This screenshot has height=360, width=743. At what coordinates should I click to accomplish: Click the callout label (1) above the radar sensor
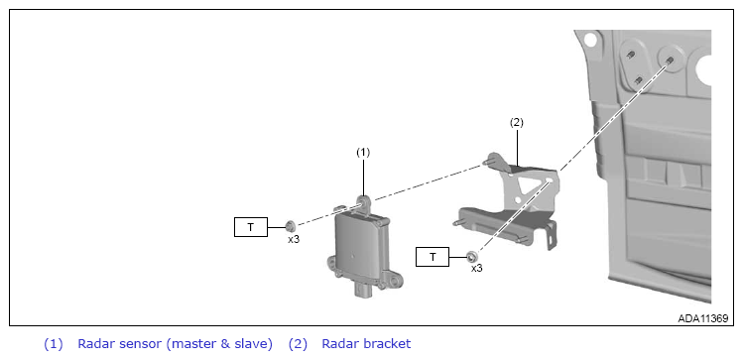coord(362,152)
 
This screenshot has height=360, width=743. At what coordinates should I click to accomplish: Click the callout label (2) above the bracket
coord(517,122)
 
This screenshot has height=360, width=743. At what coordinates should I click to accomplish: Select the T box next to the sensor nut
coord(251,227)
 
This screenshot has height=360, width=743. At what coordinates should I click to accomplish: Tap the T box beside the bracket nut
coord(433,257)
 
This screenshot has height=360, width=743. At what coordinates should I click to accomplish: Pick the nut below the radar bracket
coord(471,257)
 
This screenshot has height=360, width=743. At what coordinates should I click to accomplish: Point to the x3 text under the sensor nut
coord(294,239)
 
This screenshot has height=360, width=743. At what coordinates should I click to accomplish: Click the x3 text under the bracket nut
coord(477,268)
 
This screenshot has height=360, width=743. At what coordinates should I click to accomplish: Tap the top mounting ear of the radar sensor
coord(363,202)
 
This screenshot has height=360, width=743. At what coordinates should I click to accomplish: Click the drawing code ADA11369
coord(702,318)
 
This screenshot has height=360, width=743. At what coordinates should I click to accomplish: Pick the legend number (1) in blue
coord(54,344)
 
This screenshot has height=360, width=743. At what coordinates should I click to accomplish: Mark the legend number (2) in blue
coord(298,344)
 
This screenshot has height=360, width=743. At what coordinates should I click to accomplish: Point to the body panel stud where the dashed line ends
coord(669,60)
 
